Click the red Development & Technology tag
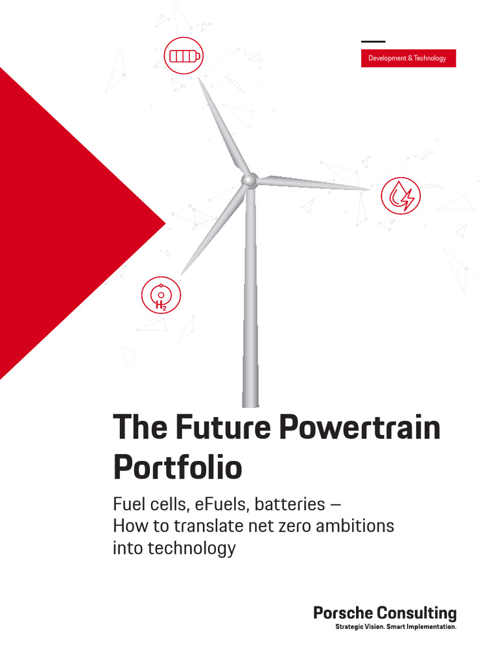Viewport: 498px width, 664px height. (408, 58)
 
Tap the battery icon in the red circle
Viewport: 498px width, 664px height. (182, 56)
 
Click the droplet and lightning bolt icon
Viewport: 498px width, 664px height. (401, 195)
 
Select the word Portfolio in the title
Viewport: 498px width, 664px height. (178, 467)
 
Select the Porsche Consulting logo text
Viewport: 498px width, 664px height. (385, 613)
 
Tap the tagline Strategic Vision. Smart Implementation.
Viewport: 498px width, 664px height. (396, 628)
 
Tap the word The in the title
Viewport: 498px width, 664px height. (136, 429)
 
